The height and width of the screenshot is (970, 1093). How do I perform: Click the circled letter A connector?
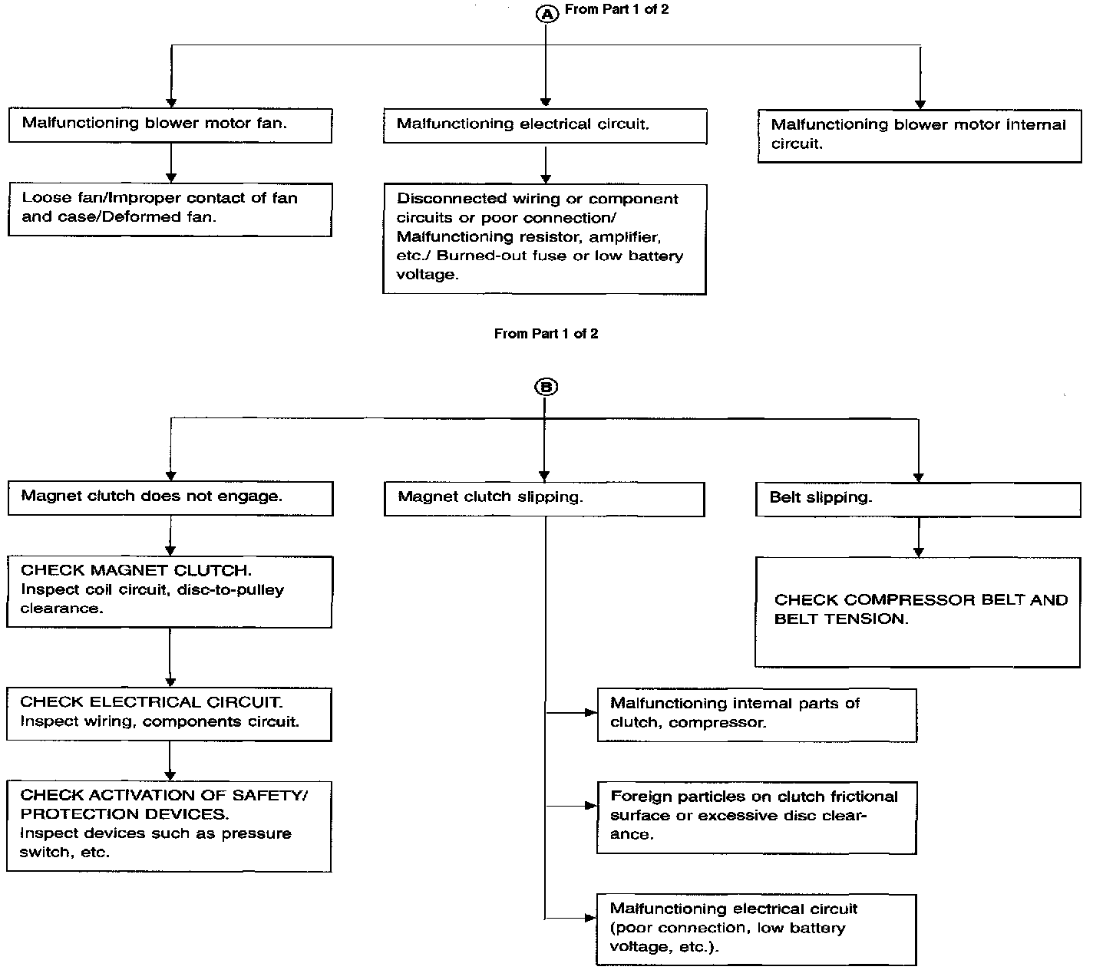546,15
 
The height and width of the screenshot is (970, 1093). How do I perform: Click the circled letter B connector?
546,387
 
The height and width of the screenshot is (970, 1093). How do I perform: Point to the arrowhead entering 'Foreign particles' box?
591,806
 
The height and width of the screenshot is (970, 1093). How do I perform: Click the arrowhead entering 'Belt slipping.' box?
919,477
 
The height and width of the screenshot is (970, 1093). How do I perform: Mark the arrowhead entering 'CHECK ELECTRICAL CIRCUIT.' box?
170,682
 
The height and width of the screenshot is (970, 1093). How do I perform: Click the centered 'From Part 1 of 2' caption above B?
546,333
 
